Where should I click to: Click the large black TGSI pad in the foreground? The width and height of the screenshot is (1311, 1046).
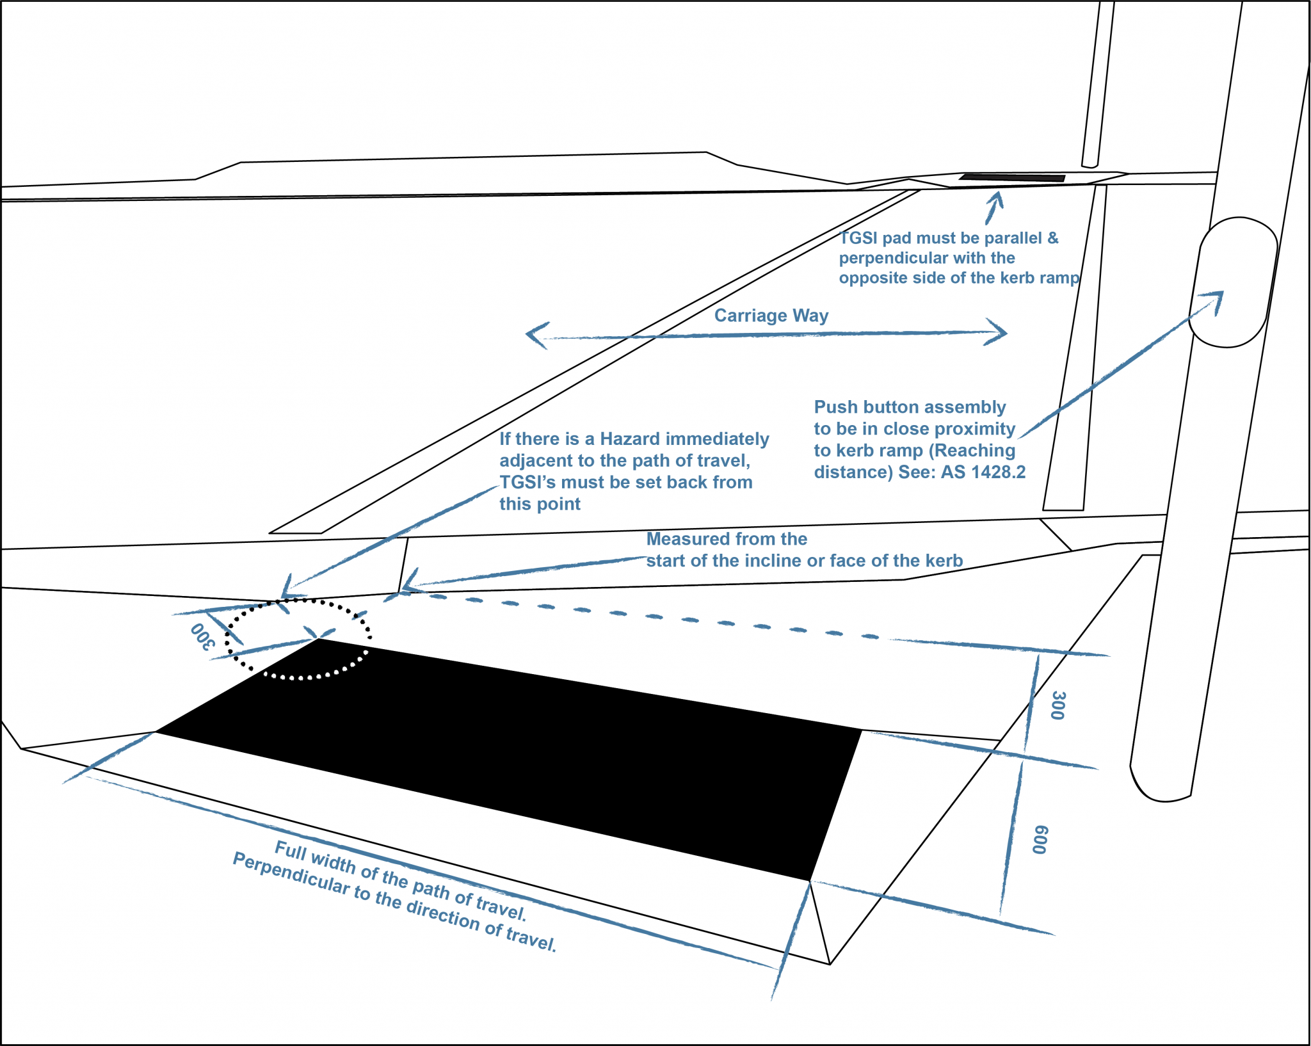tap(512, 755)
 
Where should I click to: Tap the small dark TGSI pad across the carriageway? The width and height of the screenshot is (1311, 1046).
tap(1011, 177)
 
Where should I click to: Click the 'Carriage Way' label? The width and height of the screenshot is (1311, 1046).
tap(771, 316)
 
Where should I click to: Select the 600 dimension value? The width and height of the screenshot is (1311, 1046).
tap(1040, 839)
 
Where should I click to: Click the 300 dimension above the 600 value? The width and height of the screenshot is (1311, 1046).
tap(1058, 705)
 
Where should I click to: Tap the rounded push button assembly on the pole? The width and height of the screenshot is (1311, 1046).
tap(1232, 282)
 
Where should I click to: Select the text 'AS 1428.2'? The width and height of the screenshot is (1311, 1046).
tap(983, 472)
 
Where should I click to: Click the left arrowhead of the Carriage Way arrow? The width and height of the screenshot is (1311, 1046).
tap(535, 335)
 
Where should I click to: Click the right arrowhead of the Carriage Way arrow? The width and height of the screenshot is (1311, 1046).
tap(999, 332)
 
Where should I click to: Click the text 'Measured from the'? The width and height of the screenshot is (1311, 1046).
tap(727, 539)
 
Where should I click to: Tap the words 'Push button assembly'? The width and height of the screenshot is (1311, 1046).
tap(910, 407)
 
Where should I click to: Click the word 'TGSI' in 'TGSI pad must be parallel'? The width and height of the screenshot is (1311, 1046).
tap(858, 238)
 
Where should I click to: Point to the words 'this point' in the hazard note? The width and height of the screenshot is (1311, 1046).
tap(540, 504)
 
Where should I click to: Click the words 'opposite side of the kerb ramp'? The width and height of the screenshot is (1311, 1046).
tap(959, 278)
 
